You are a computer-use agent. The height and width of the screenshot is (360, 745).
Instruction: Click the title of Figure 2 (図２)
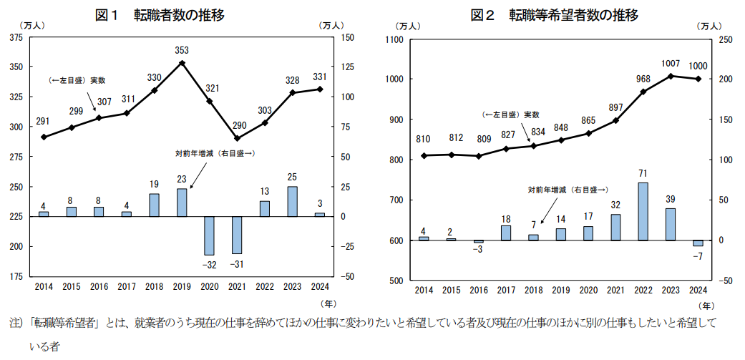point(554,14)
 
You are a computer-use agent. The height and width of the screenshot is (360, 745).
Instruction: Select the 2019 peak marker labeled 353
point(182,63)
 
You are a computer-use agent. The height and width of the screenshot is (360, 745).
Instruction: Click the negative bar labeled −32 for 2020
point(209,235)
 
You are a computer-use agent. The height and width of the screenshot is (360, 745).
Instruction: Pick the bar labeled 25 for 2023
point(292,201)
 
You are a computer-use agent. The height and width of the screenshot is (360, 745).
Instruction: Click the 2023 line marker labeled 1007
point(671,76)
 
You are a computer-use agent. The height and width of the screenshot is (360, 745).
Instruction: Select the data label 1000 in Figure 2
point(698,66)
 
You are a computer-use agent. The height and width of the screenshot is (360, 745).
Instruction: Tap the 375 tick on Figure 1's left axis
point(15,37)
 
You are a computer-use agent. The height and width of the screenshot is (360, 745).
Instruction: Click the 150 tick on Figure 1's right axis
point(348,37)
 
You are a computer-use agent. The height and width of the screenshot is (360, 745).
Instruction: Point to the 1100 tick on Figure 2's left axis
point(395,39)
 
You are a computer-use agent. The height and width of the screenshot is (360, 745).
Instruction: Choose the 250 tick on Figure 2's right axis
point(724,39)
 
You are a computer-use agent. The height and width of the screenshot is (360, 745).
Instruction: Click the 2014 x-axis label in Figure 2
point(424,290)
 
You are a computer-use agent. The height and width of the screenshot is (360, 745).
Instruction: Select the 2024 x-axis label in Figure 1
point(319,286)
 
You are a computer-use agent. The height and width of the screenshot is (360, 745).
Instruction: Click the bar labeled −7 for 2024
point(698,243)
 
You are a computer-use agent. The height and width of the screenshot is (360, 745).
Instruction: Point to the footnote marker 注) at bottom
point(14,322)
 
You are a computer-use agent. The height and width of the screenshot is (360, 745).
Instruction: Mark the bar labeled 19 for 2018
point(154,205)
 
